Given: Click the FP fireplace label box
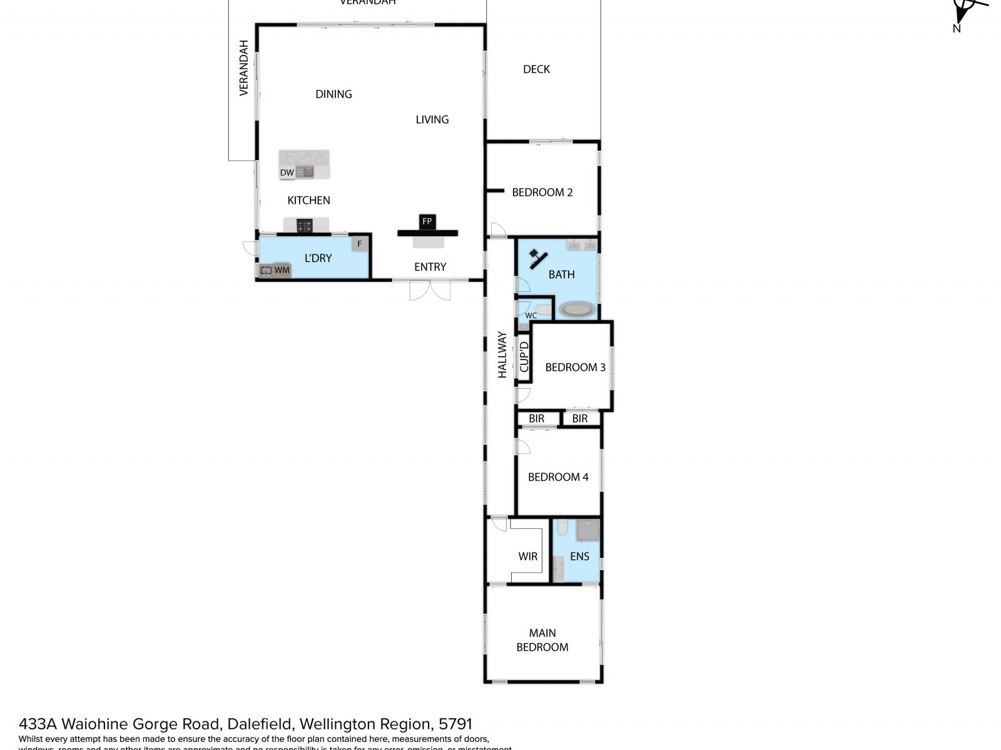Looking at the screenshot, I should [x=427, y=221].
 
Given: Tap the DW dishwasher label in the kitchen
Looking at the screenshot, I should [x=287, y=172].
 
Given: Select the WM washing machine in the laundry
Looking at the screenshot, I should [x=282, y=270].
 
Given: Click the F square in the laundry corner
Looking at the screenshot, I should [x=359, y=244].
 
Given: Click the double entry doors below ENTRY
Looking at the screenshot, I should [x=430, y=290].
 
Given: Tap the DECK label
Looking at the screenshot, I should [x=536, y=69].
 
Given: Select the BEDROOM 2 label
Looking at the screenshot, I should [x=542, y=192].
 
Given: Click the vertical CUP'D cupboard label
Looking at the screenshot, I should [x=524, y=357].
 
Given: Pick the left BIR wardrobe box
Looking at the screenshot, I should [x=536, y=418].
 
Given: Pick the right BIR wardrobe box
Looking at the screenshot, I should [x=580, y=418].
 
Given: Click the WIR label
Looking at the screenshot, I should [x=527, y=556].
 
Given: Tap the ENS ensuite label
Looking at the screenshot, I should [x=579, y=556].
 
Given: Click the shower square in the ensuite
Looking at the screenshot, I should [x=587, y=530].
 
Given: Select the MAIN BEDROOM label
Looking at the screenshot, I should [x=542, y=640].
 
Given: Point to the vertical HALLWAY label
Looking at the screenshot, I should [x=502, y=354].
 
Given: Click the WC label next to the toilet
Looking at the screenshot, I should [x=531, y=316].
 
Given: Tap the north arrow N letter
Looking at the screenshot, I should [x=956, y=28].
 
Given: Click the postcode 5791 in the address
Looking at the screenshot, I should [x=455, y=724].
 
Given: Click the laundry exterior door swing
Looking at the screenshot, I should [x=249, y=248].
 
